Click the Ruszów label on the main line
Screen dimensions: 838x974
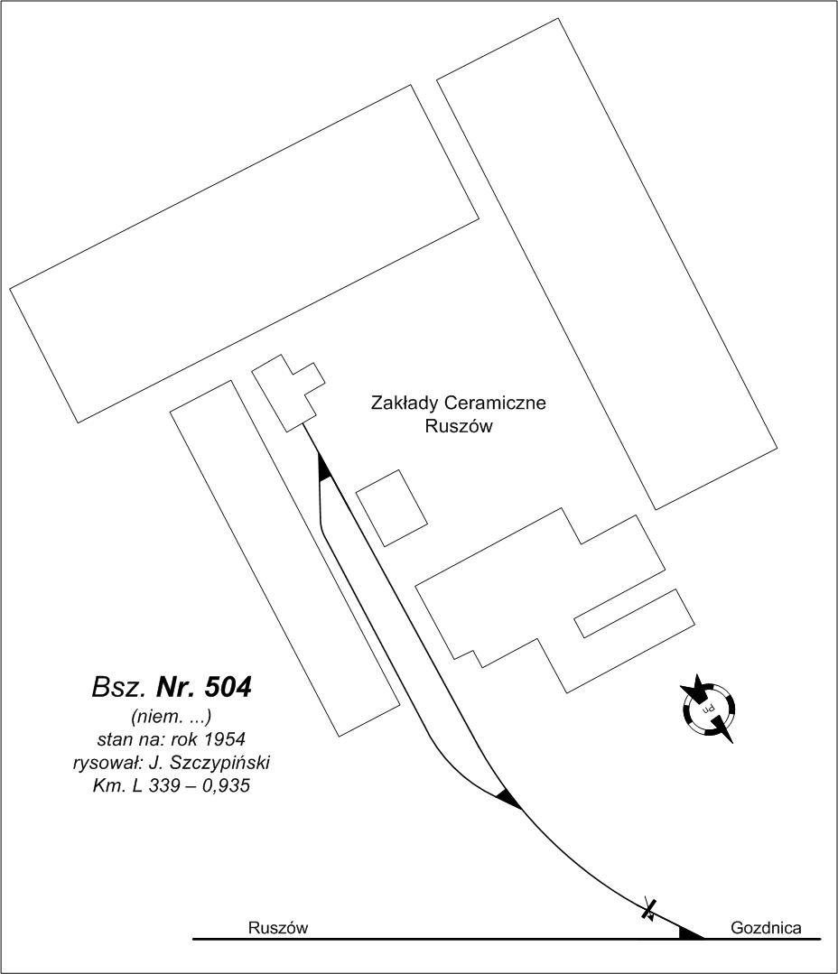pyautogui.click(x=277, y=928)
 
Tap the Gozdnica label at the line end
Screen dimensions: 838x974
pyautogui.click(x=766, y=928)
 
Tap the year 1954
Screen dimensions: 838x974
pyautogui.click(x=226, y=739)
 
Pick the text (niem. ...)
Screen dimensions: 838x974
pyautogui.click(x=172, y=716)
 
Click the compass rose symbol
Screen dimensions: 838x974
pyautogui.click(x=708, y=708)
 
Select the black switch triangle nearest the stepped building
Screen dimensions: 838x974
pyautogui.click(x=323, y=467)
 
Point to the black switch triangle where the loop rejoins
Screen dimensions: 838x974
pyautogui.click(x=508, y=800)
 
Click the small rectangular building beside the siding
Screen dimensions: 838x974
pyautogui.click(x=391, y=508)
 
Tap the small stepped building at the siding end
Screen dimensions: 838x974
pyautogui.click(x=288, y=394)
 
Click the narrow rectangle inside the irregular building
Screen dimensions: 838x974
pyautogui.click(x=634, y=613)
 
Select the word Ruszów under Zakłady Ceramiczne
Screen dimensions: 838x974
pyautogui.click(x=459, y=427)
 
